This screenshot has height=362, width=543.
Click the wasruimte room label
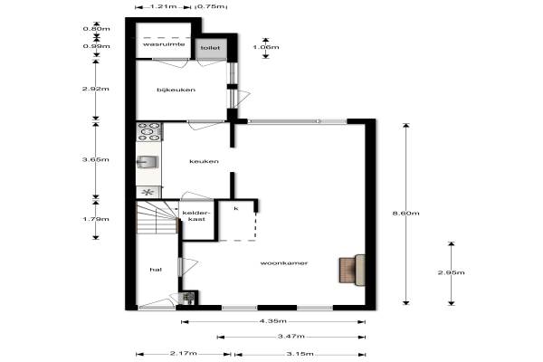click(x=164, y=44)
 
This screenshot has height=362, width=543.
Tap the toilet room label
click(x=210, y=48)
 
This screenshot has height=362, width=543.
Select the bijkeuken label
click(x=176, y=90)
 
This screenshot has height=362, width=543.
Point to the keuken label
click(x=204, y=161)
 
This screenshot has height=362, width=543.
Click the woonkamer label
click(x=284, y=263)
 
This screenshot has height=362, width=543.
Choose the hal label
click(x=156, y=270)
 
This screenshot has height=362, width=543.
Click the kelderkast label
click(x=196, y=215)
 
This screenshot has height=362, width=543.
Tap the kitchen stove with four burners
click(x=149, y=132)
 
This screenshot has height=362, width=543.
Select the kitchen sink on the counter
click(x=148, y=162)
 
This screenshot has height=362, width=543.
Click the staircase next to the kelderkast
click(x=157, y=218)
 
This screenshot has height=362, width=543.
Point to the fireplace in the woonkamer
click(x=352, y=271)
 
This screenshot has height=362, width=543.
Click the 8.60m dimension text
click(x=405, y=213)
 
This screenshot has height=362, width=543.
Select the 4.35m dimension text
click(x=273, y=321)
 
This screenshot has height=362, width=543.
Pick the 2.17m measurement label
click(x=184, y=354)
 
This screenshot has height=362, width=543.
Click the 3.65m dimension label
click(x=96, y=159)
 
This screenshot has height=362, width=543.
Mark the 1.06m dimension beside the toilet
click(x=265, y=47)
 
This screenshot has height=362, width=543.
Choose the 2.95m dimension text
click(x=452, y=272)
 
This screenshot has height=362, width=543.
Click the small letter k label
click(x=236, y=208)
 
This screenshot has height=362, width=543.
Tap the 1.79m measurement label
click(x=96, y=219)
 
